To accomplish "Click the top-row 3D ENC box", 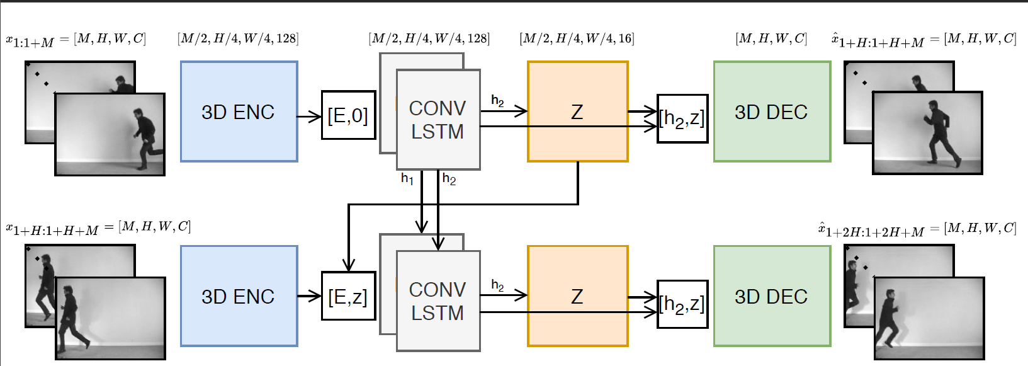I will (x=239, y=112).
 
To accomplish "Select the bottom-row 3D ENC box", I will (x=239, y=296).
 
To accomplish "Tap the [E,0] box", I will (x=348, y=115).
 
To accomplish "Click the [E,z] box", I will (x=348, y=296).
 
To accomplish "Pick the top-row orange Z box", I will (x=577, y=112).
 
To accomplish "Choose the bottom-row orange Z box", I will (x=577, y=296).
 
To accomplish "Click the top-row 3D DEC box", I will (x=772, y=112).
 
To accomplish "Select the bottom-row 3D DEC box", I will (x=772, y=296).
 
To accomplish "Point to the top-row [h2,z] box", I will (x=682, y=118).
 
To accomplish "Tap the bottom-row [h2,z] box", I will (x=682, y=304).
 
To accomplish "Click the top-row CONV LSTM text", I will (x=438, y=120).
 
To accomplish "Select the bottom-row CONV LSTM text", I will (x=438, y=301).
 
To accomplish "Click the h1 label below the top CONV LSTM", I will (x=407, y=180).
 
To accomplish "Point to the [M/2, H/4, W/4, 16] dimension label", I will (x=577, y=38).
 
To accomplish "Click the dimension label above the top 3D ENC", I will (x=238, y=38).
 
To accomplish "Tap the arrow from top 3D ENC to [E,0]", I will (x=309, y=117).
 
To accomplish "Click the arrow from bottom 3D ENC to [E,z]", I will (x=309, y=296).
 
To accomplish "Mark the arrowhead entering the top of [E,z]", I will (x=349, y=265).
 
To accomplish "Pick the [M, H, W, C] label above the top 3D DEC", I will (x=771, y=38).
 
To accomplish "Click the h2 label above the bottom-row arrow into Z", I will (x=497, y=285).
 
